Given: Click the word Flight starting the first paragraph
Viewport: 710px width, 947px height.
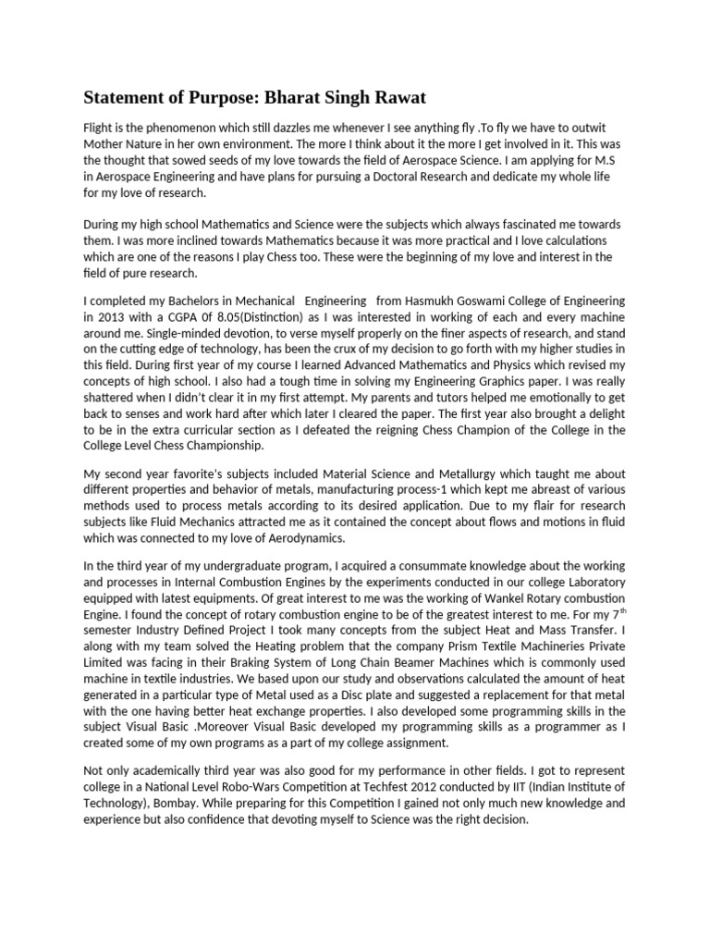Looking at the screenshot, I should point(100,126).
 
